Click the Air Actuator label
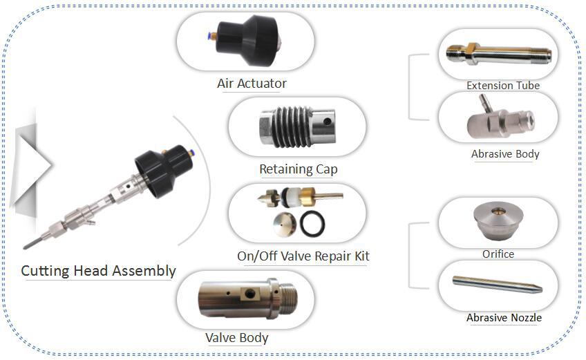point(252,84)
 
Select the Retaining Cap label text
point(298,169)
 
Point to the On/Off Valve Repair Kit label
point(303,256)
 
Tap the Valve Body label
point(236,338)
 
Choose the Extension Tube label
point(502,86)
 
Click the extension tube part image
point(498,53)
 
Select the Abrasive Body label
point(505,154)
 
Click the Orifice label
point(498,254)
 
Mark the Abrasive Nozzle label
point(504,318)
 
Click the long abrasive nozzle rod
point(497,285)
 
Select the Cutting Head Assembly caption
point(98,271)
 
